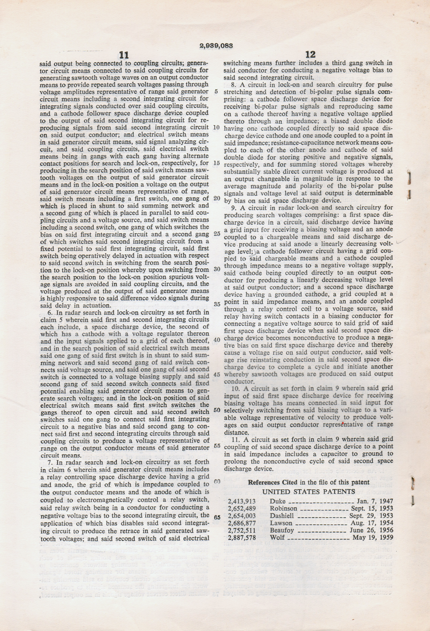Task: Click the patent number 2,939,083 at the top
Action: pyautogui.click(x=216, y=46)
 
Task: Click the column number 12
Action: pyautogui.click(x=311, y=55)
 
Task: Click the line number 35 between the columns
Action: pyautogui.click(x=217, y=304)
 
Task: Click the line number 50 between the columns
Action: pyautogui.click(x=217, y=410)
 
